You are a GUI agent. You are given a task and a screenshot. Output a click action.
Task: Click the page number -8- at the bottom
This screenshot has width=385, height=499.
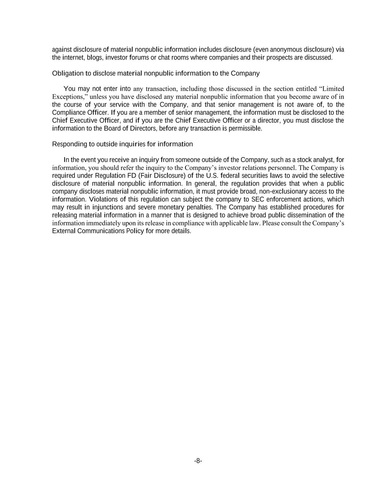pyautogui.click(x=198, y=461)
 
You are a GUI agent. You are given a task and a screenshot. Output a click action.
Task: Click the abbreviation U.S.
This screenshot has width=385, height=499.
pyautogui.click(x=212, y=175)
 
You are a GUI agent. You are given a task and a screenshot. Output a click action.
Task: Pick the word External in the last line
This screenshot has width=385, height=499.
pyautogui.click(x=64, y=231)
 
